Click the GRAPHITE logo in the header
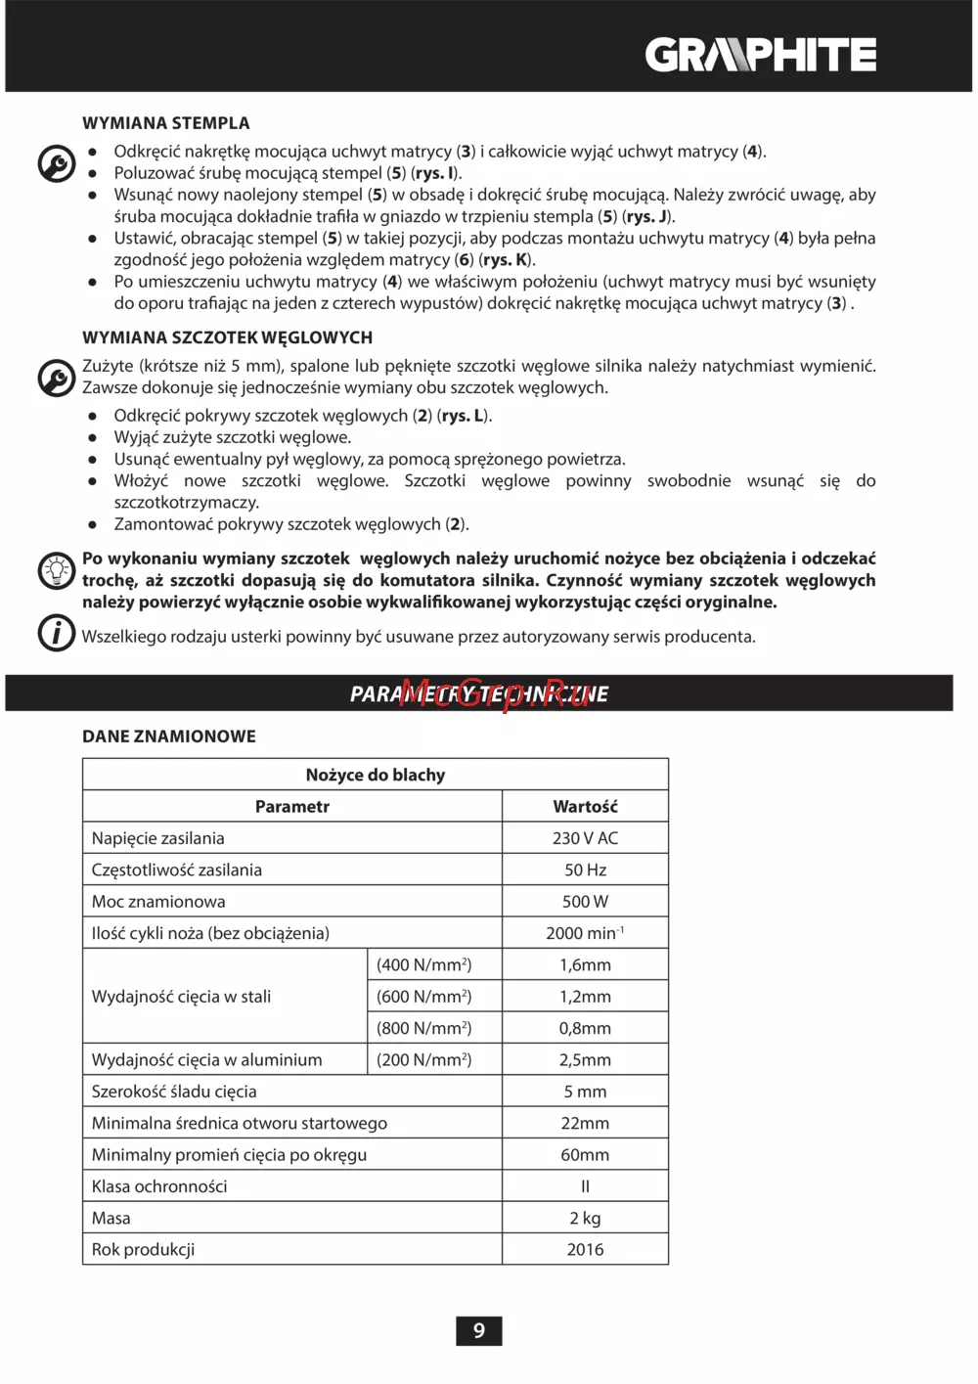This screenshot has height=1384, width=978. [760, 55]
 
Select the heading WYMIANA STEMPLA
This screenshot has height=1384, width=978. [166, 123]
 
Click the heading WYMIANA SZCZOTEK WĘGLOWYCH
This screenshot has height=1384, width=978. [227, 337]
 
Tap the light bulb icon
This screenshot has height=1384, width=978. [57, 569]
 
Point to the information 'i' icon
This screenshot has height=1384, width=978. [57, 633]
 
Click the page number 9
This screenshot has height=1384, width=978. [479, 1330]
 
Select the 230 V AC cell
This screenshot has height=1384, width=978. [585, 838]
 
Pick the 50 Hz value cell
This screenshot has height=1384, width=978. [585, 870]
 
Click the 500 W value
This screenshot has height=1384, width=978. [585, 902]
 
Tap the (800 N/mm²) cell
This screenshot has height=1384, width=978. [423, 1028]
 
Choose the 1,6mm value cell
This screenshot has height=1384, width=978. [585, 965]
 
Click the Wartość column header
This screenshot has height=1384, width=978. [585, 807]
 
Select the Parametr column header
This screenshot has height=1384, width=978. [292, 807]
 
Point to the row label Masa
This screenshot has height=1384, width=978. [111, 1219]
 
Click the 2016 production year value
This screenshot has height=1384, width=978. [585, 1250]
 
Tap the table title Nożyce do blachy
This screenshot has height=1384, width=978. [376, 775]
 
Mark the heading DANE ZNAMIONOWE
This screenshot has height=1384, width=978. [169, 737]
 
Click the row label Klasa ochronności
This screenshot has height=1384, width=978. [159, 1186]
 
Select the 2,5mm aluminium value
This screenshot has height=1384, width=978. [585, 1060]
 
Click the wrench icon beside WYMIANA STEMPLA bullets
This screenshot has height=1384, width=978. [57, 163]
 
